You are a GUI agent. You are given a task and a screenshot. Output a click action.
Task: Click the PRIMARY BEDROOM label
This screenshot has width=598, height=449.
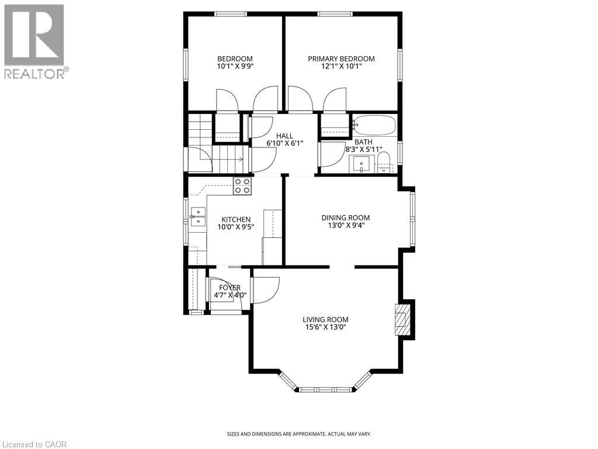342,58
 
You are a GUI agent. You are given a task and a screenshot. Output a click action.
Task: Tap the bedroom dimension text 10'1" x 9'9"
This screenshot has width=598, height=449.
235,67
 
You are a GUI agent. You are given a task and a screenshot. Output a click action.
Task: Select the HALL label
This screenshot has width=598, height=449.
285,136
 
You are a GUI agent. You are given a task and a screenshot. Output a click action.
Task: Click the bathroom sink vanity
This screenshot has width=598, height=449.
362,165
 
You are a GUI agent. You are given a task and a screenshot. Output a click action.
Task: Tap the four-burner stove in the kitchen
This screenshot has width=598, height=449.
242,186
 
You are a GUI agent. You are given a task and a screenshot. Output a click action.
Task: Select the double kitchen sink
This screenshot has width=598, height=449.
198,216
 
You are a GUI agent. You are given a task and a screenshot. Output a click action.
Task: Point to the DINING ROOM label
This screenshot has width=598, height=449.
346,217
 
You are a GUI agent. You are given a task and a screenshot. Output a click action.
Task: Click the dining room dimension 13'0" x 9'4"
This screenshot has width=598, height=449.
346,226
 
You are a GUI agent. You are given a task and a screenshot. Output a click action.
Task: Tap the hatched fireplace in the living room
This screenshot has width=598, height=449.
402,319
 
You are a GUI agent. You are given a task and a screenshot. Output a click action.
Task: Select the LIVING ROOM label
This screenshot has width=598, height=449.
325,319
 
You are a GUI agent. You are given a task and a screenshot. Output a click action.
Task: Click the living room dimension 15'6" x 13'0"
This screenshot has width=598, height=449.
325,327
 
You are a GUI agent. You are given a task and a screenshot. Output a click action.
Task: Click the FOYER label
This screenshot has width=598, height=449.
230,288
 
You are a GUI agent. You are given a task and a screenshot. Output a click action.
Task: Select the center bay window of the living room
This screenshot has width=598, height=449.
325,389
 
